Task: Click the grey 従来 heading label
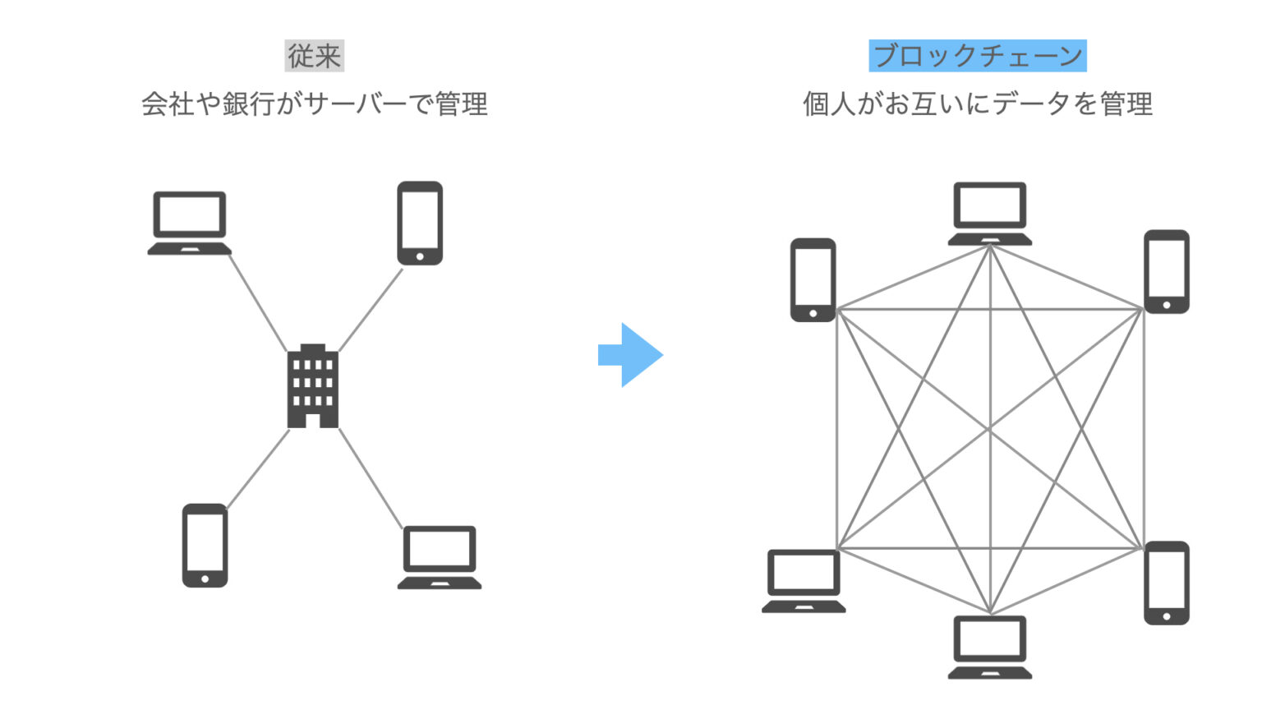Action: pyautogui.click(x=314, y=56)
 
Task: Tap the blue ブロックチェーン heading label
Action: pyautogui.click(x=977, y=56)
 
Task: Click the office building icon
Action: pyautogui.click(x=312, y=386)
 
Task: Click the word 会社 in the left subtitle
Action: pyautogui.click(x=168, y=104)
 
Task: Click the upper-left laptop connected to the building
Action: pyautogui.click(x=190, y=223)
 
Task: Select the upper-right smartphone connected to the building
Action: pyautogui.click(x=420, y=223)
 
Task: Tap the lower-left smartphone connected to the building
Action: pyautogui.click(x=205, y=546)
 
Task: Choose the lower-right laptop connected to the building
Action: pyautogui.click(x=440, y=557)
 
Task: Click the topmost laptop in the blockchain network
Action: pyautogui.click(x=990, y=213)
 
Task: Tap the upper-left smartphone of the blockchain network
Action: pyautogui.click(x=813, y=279)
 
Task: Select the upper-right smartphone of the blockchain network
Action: pyautogui.click(x=1167, y=271)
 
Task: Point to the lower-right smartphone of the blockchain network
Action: pyautogui.click(x=1167, y=582)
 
